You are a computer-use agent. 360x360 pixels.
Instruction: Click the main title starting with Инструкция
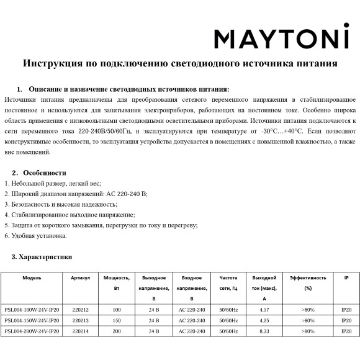tap(180, 63)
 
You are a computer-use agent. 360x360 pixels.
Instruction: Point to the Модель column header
tap(32, 277)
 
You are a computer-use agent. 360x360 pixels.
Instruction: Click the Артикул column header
tap(81, 277)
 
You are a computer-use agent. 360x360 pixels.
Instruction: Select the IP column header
tap(346, 277)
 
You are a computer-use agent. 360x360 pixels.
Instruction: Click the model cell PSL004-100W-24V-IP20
tap(32, 310)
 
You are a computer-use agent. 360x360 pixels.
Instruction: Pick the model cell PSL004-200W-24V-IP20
tap(32, 331)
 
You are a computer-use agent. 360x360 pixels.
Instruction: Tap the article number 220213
tap(81, 320)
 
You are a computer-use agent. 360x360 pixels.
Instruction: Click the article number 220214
tap(81, 331)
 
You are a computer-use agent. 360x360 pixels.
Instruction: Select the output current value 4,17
tap(264, 310)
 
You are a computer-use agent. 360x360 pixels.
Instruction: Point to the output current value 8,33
tap(264, 331)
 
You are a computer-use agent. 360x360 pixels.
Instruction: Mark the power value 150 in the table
tap(117, 320)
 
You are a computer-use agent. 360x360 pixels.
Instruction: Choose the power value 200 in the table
tap(117, 331)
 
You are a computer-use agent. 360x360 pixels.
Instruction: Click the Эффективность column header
tap(308, 277)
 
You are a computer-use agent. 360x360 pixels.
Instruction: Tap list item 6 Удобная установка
tap(35, 235)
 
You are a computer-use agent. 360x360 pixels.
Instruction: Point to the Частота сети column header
tap(228, 283)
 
